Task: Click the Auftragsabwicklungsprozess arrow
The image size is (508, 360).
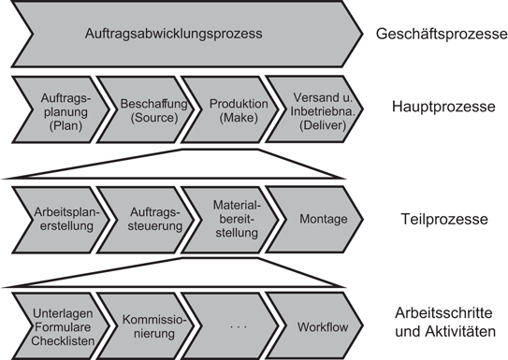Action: click(187, 35)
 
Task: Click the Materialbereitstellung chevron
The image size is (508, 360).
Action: click(229, 219)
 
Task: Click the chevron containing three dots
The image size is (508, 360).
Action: click(229, 326)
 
